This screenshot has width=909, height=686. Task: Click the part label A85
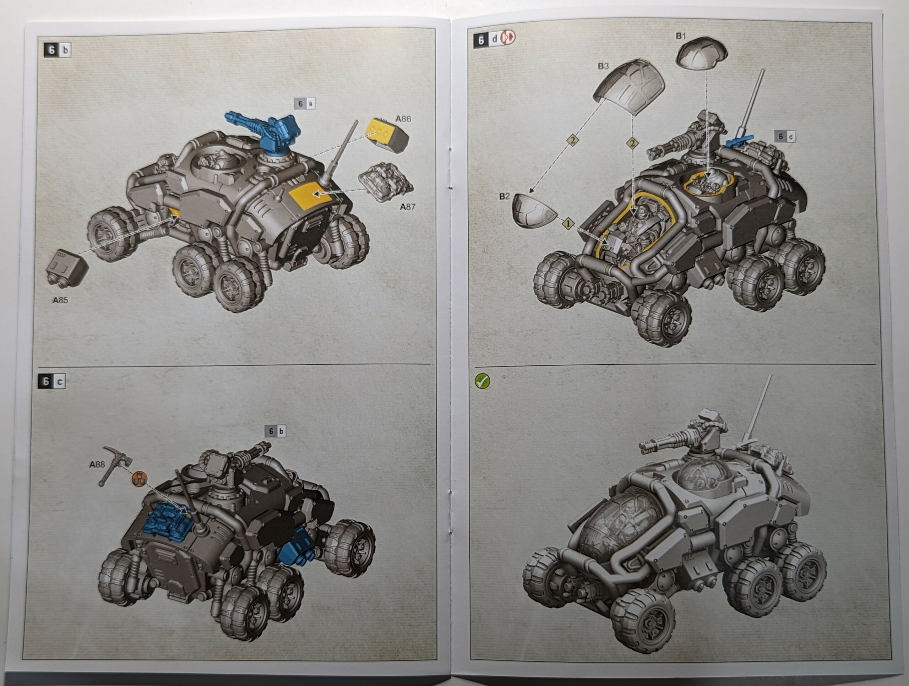point(60,300)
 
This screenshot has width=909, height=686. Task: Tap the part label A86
point(403,119)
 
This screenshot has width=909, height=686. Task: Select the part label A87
point(408,207)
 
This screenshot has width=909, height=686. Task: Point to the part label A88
point(97,464)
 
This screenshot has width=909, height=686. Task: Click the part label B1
point(681,36)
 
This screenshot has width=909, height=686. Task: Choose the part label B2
point(504,196)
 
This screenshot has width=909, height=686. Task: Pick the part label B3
point(603,66)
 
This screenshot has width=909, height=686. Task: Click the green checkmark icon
point(483,381)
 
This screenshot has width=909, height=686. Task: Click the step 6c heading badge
point(52,381)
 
